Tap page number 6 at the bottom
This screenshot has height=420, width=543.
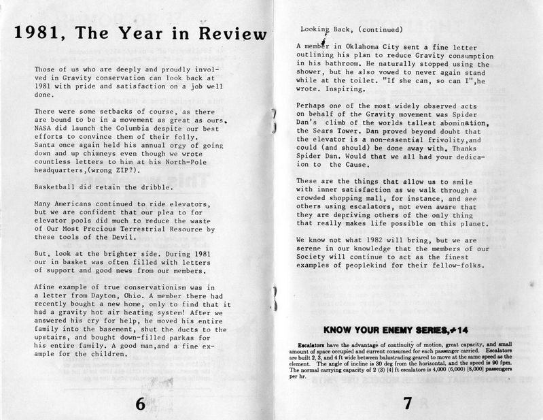pos(141,403)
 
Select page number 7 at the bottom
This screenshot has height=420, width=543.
pos(407,403)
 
